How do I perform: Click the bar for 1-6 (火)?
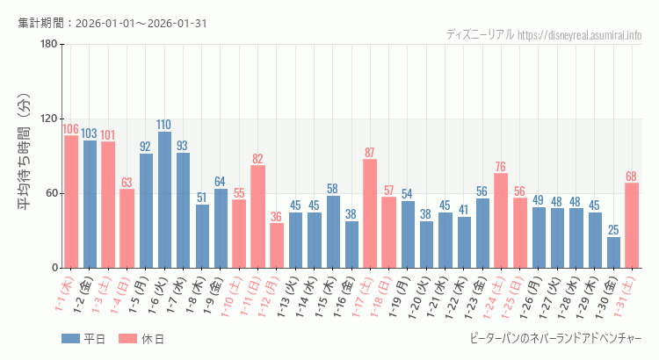pyautogui.click(x=164, y=200)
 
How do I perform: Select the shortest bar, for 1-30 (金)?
pyautogui.click(x=613, y=253)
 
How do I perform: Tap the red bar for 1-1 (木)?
pyautogui.click(x=71, y=202)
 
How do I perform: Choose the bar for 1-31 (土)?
pyautogui.click(x=632, y=226)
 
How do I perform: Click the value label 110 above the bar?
pyautogui.click(x=164, y=125)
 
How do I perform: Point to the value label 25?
pyautogui.click(x=613, y=230)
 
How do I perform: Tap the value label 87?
pyautogui.click(x=370, y=153)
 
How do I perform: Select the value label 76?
pyautogui.click(x=501, y=167)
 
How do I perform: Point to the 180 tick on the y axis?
pyautogui.click(x=48, y=45)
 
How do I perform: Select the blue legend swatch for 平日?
pyautogui.click(x=70, y=338)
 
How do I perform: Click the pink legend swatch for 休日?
pyautogui.click(x=127, y=338)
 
